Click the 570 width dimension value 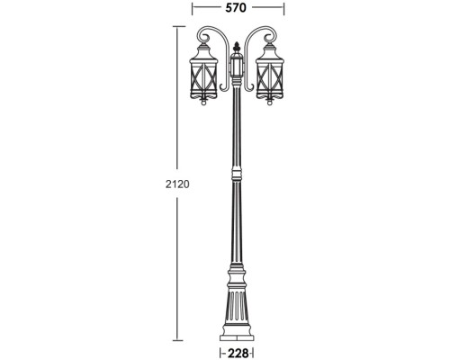click(237, 8)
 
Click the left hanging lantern click(205, 79)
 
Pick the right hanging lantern click(269, 79)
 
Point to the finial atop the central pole click(237, 45)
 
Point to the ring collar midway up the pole click(237, 171)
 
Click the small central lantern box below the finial click(237, 67)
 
